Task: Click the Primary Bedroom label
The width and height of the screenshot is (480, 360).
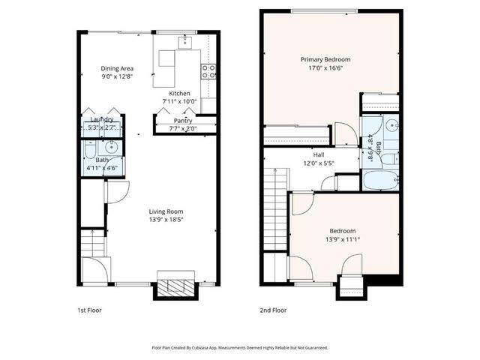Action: click(325, 59)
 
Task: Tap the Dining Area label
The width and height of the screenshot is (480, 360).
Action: click(116, 68)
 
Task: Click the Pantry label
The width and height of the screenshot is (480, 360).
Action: click(182, 120)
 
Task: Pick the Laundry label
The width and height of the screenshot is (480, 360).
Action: click(102, 120)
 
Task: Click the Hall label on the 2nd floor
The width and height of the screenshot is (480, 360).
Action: click(319, 154)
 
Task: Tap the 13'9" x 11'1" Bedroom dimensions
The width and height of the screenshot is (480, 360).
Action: click(341, 238)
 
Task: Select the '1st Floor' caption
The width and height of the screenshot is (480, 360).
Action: click(89, 309)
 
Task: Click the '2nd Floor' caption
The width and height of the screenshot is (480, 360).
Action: click(272, 309)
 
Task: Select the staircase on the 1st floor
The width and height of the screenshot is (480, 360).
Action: click(94, 243)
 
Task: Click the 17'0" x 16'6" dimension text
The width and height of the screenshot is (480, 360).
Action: click(325, 67)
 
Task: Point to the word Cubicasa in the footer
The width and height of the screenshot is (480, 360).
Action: click(201, 348)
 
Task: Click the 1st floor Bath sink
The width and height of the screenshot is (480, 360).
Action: click(109, 147)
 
